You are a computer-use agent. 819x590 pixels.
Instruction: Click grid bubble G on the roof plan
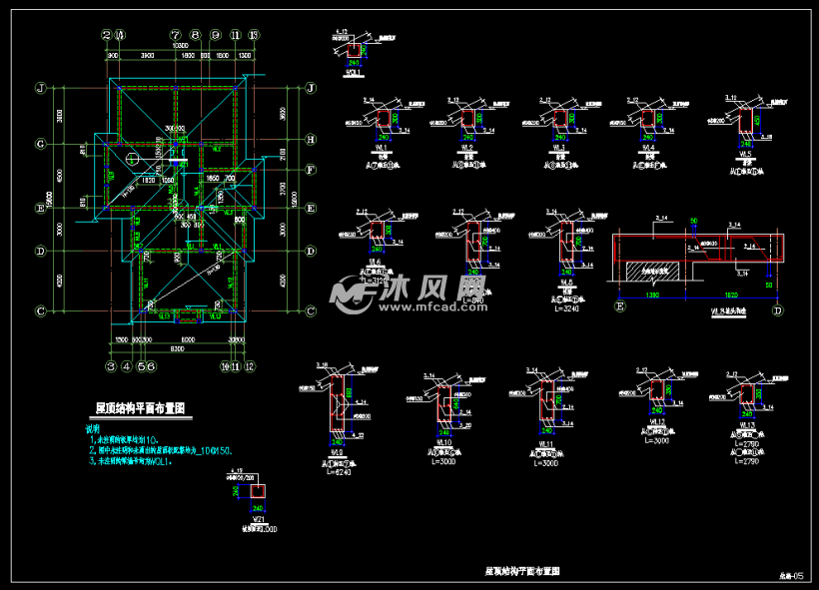(41, 144)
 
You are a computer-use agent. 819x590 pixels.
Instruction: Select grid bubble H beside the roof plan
(311, 140)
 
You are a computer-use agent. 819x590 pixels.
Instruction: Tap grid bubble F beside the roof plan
(311, 170)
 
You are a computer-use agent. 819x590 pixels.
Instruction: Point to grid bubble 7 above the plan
(175, 34)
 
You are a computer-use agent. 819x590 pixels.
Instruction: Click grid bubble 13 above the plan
(254, 34)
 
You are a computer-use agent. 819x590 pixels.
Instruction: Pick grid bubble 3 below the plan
(110, 366)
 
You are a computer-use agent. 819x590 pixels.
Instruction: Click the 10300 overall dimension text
(180, 46)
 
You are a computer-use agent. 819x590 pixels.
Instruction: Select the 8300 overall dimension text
(175, 349)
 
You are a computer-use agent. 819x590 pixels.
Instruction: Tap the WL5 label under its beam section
(741, 156)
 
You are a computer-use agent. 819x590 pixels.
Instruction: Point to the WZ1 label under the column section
(258, 521)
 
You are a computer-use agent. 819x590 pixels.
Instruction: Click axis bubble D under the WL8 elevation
(777, 309)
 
